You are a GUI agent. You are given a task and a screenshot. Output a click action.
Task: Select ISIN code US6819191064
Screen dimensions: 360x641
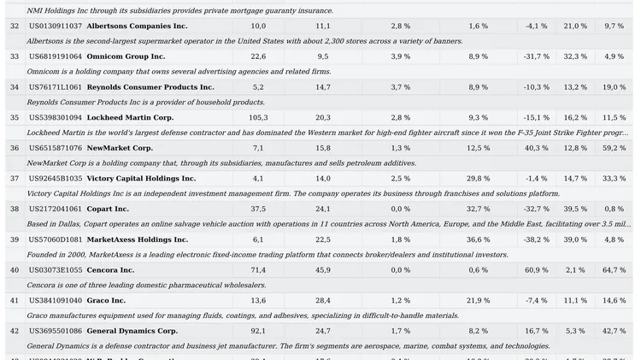pos(56,56)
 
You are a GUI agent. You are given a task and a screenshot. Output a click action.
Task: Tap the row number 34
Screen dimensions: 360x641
pos(14,87)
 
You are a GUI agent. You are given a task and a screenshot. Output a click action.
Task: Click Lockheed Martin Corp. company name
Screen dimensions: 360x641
pos(130,117)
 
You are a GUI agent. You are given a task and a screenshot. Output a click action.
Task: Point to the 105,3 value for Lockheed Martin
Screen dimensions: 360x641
pos(258,117)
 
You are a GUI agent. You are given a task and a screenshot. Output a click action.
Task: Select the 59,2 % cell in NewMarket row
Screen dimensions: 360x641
pos(614,148)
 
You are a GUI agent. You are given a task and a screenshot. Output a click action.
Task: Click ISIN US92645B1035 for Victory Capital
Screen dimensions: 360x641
pos(56,179)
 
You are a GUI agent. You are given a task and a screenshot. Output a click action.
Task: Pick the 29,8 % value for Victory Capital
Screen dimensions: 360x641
pos(478,179)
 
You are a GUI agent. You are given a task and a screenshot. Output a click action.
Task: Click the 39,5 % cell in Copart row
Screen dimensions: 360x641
pos(575,209)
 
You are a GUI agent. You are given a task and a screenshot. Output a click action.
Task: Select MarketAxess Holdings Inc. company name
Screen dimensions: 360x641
pos(138,239)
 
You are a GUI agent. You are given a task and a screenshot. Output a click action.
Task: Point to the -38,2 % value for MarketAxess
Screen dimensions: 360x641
pos(536,239)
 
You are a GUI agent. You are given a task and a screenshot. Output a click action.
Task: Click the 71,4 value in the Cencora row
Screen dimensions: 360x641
pos(258,270)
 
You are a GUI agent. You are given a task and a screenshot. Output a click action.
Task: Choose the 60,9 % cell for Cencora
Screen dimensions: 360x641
pos(536,270)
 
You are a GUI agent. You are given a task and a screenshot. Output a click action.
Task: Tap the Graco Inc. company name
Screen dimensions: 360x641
pos(106,300)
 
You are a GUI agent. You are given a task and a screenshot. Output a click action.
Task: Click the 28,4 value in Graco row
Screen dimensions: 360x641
pos(323,300)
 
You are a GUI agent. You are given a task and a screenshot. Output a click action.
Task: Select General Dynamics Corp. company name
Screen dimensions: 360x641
pos(132,331)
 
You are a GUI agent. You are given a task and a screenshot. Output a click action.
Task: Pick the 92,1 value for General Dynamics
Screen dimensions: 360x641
pos(258,331)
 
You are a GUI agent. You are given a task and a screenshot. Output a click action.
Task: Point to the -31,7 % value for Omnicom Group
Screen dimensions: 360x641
pos(536,56)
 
